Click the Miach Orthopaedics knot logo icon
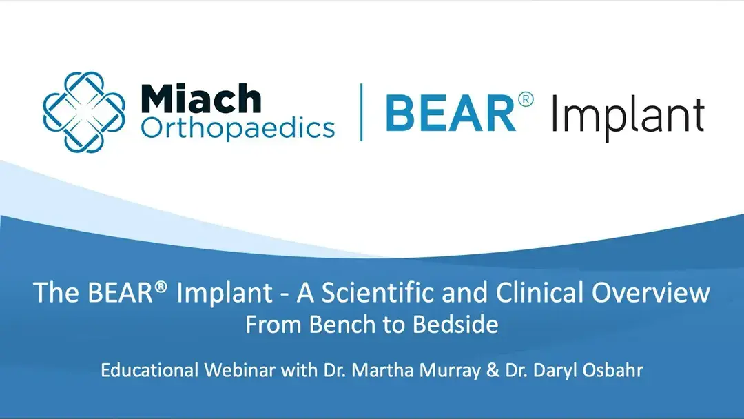coord(84,112)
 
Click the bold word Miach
coord(200,99)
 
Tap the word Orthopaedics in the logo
coord(238,128)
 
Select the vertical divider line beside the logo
coord(362,112)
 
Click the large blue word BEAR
coord(451,113)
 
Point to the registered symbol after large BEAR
coord(526,100)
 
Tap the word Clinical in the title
coord(538,292)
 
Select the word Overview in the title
coord(650,292)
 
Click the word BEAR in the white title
coord(120,292)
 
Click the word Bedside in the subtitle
coord(455,325)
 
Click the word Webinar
coord(240,370)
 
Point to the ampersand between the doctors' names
coord(493,370)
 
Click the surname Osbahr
coord(613,370)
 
